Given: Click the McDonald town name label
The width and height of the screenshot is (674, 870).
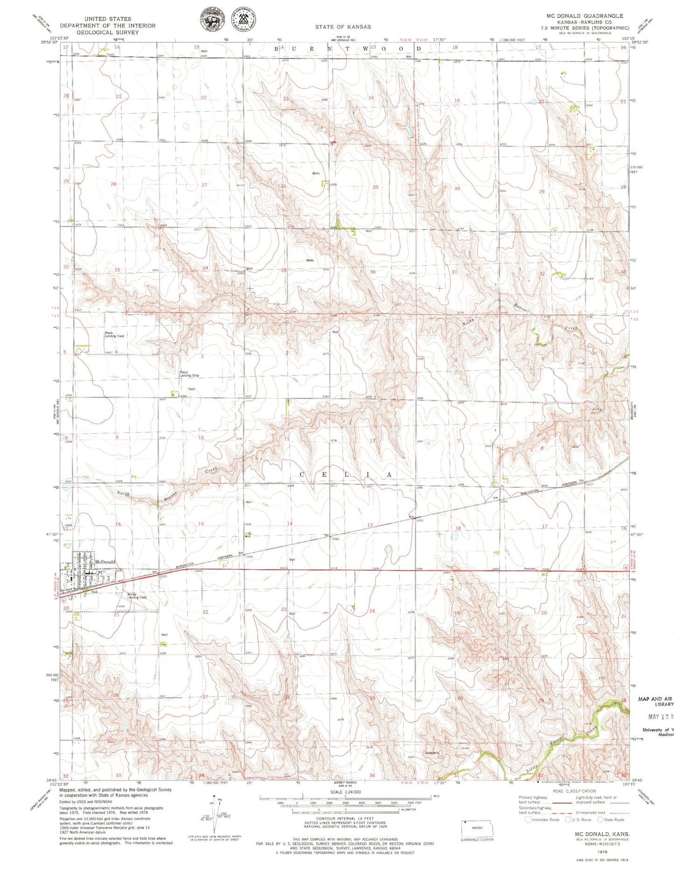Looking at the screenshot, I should (x=104, y=562).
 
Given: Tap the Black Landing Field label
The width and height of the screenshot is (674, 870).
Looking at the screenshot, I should (x=114, y=335).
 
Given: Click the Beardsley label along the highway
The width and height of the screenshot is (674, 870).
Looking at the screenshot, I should (x=530, y=569).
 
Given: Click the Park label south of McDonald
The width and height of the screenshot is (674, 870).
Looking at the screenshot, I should (x=94, y=592).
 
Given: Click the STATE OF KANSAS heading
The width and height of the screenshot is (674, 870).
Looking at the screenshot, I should (x=343, y=27).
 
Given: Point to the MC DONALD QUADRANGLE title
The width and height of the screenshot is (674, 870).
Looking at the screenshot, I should (x=584, y=16).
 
